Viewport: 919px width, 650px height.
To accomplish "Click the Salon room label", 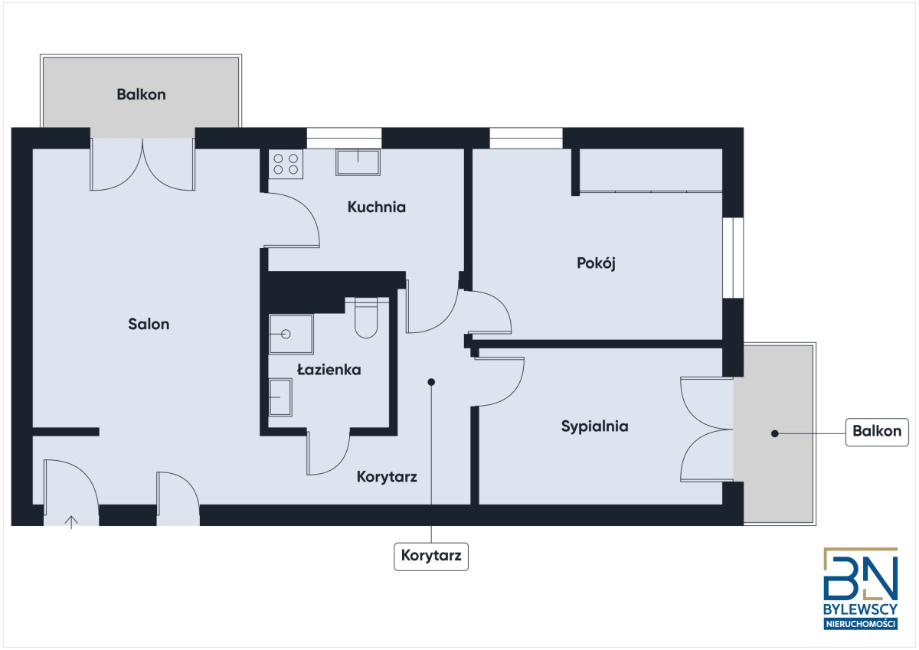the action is (x=149, y=324).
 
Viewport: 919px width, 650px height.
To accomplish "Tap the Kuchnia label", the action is (x=377, y=207).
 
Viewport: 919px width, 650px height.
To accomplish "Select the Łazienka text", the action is (x=329, y=370).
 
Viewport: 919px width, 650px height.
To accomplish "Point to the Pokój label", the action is (x=596, y=263).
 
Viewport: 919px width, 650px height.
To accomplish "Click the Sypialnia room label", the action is (x=594, y=426).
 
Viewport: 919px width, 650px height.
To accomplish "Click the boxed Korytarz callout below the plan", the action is (x=431, y=556).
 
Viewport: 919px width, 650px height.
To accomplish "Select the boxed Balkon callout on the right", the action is (x=877, y=432).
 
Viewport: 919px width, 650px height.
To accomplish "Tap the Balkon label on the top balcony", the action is (x=141, y=94).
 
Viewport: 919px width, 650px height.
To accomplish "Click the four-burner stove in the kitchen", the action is (x=286, y=164).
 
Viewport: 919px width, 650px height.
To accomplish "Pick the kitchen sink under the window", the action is (x=358, y=162).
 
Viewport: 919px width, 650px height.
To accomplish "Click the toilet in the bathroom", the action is (x=366, y=318).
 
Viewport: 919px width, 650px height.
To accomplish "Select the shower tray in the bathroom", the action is (x=291, y=335).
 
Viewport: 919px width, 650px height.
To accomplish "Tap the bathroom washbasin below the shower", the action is (x=280, y=397).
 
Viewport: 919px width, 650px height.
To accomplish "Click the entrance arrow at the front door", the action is (x=71, y=522).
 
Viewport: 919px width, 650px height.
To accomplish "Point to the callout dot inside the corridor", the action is (x=431, y=382).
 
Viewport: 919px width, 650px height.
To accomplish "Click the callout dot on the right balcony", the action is (x=775, y=433).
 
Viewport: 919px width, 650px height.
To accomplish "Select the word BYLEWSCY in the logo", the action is (x=860, y=609).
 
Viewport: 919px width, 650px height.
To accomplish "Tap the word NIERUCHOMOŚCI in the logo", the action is (x=860, y=624).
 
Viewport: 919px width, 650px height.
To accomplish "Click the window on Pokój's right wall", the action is (x=733, y=257).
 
